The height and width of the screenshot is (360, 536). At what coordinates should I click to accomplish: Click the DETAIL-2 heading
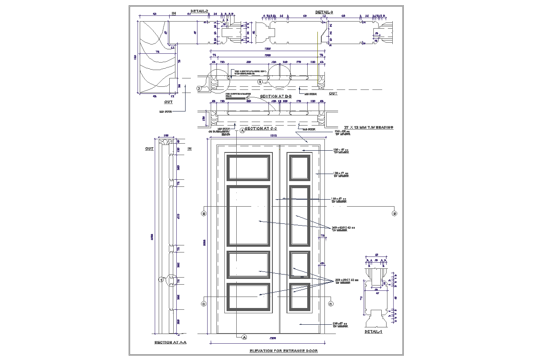tap(199, 11)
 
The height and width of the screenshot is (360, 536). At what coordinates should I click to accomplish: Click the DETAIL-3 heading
tap(324, 12)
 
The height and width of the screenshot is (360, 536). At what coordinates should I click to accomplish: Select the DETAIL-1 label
tap(373, 332)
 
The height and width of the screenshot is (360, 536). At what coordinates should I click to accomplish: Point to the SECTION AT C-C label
tap(261, 128)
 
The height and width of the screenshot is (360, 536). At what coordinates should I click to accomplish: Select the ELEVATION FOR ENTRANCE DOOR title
tap(283, 351)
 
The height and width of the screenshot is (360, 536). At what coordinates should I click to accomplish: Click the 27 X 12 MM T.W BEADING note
tap(368, 127)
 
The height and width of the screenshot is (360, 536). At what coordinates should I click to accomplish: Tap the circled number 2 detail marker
tap(199, 89)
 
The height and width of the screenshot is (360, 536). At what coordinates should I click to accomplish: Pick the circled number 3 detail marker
tap(261, 82)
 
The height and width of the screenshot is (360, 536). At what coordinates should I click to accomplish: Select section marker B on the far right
tap(394, 214)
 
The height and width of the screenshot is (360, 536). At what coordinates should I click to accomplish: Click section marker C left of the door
tap(204, 304)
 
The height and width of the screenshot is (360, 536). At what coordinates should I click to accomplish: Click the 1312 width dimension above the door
tap(273, 136)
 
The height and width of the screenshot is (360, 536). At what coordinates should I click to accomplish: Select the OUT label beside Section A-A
tap(149, 149)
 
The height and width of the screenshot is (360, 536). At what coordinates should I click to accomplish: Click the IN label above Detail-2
tap(174, 14)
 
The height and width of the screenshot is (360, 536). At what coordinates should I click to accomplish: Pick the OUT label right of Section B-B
tap(333, 93)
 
